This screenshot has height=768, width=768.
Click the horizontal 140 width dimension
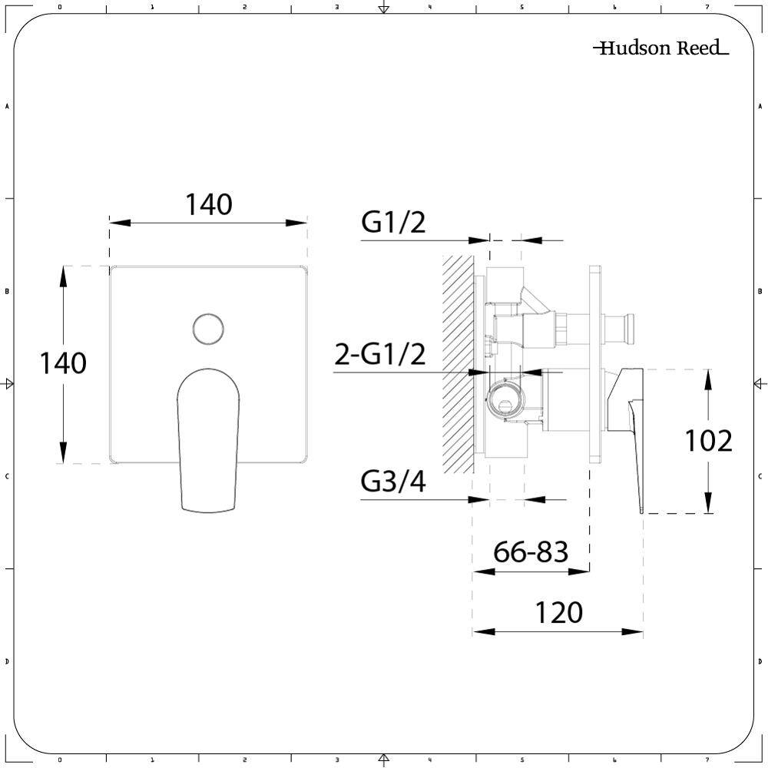point(208,205)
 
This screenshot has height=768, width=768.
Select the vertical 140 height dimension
point(63,363)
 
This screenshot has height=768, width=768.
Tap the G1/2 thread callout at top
point(393,223)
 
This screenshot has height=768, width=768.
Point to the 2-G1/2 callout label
point(379,355)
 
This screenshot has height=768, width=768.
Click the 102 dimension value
point(708,441)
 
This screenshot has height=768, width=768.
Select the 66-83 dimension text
point(531,551)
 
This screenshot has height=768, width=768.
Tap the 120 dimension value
point(558,613)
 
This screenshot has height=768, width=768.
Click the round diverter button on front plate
point(207,328)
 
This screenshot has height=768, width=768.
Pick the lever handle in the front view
point(208,438)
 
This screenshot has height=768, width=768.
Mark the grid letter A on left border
point(7,106)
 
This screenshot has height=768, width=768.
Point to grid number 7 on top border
point(707,7)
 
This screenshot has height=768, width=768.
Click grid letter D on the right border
point(760,661)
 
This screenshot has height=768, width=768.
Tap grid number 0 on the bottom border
point(60,760)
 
